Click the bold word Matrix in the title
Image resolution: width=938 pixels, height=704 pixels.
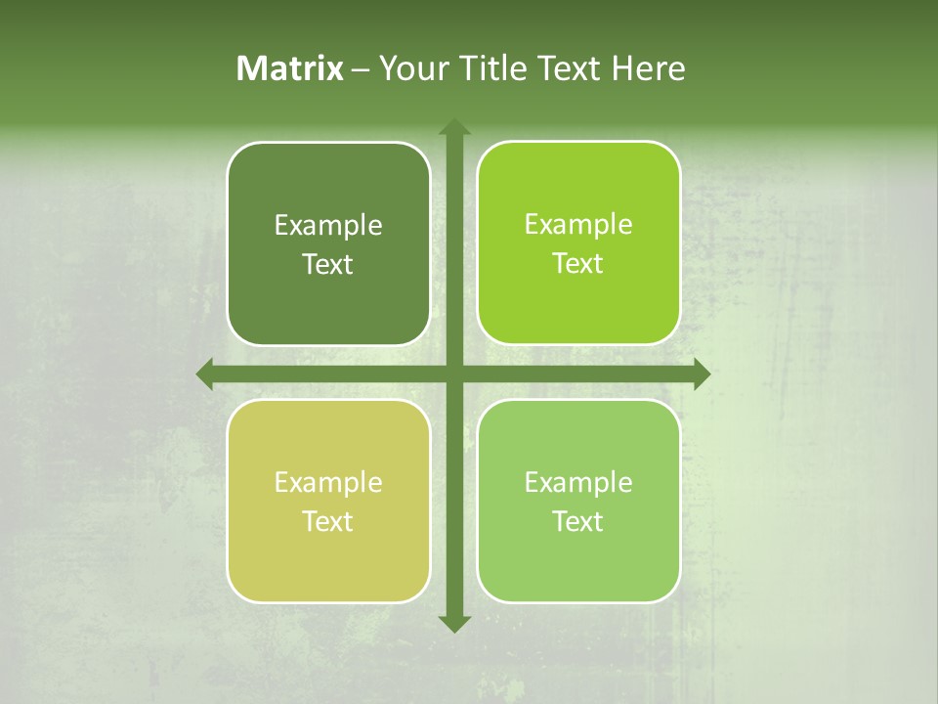(x=290, y=68)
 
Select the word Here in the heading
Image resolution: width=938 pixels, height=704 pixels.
(x=648, y=68)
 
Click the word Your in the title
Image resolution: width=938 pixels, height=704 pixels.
(x=410, y=68)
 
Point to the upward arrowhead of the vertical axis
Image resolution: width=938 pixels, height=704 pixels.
(x=454, y=127)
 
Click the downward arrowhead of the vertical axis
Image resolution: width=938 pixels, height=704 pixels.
(x=454, y=623)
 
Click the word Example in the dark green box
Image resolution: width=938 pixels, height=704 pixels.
(x=328, y=226)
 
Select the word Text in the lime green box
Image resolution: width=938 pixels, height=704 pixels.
(x=578, y=264)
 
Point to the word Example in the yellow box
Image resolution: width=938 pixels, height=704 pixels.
(x=328, y=483)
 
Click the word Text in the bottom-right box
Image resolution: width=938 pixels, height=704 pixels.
(x=578, y=522)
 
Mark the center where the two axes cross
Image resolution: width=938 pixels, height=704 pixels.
(x=454, y=374)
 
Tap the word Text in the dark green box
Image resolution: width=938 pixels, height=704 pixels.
(x=328, y=265)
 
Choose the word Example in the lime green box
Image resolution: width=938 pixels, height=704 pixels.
(x=578, y=225)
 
